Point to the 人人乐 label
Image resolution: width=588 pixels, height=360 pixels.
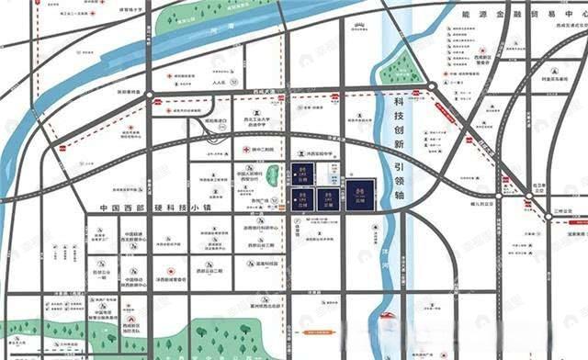(218, 84)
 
